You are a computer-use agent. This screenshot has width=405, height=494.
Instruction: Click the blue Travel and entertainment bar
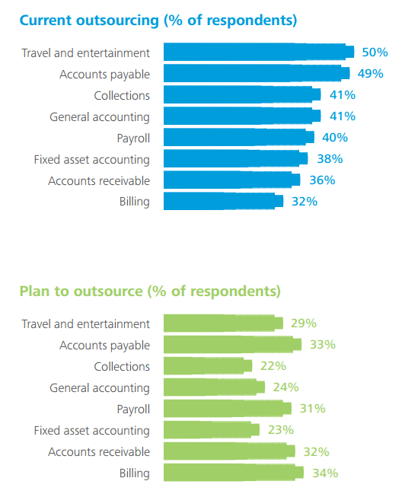click(x=259, y=52)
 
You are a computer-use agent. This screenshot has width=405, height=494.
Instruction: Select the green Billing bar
click(x=234, y=472)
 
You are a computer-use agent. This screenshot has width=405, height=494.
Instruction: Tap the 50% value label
click(x=375, y=53)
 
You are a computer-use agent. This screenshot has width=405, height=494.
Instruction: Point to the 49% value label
click(x=370, y=73)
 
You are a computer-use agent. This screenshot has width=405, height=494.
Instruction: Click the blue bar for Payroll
click(x=239, y=137)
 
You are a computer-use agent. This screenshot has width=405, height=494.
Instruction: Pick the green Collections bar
click(x=208, y=366)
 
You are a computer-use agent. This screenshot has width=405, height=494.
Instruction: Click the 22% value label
click(x=273, y=366)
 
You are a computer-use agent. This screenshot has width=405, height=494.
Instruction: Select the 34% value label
click(x=325, y=473)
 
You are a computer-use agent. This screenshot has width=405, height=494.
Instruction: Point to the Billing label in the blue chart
click(x=134, y=202)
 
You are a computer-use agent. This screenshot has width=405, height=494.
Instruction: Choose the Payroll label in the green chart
click(x=133, y=410)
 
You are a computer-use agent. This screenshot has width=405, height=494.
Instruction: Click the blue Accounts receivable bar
click(x=232, y=180)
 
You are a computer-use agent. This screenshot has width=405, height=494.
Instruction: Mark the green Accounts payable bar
click(x=233, y=344)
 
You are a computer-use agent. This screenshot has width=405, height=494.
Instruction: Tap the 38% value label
click(x=330, y=159)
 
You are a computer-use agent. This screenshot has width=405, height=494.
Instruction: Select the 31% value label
click(x=312, y=408)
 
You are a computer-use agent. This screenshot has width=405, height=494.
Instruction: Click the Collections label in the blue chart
click(x=122, y=95)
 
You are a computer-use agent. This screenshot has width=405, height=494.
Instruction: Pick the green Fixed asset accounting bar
click(x=212, y=430)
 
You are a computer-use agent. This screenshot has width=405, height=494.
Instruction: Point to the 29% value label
click(x=304, y=323)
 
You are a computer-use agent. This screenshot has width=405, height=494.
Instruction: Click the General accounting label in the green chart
click(x=100, y=388)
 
